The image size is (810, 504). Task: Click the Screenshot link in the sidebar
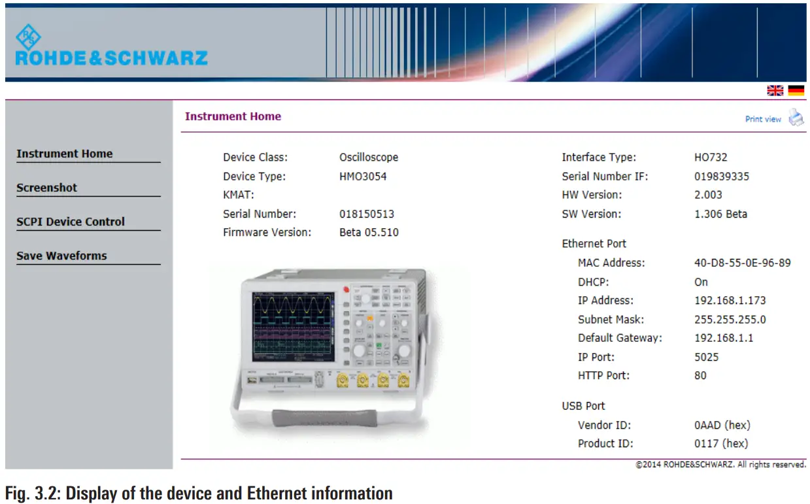tap(46, 188)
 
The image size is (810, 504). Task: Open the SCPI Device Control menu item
tap(70, 222)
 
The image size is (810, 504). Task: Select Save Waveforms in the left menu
tap(61, 256)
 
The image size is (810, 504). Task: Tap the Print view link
tap(763, 119)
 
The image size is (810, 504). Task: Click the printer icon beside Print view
tap(796, 118)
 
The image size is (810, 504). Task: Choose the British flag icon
tap(775, 91)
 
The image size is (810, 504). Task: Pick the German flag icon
tap(796, 91)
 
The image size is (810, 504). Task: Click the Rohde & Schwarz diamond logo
tap(28, 37)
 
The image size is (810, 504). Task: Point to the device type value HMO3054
tap(363, 176)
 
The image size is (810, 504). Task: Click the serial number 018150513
tap(367, 214)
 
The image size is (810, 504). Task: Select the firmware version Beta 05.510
tap(369, 232)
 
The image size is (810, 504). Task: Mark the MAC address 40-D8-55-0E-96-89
tap(742, 263)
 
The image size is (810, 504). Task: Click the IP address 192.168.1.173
tap(730, 301)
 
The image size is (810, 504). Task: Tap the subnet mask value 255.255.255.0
tap(730, 320)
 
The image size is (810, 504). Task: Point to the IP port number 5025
tap(706, 357)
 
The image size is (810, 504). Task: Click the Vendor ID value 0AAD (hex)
tap(721, 425)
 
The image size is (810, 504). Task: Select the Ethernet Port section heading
tap(594, 244)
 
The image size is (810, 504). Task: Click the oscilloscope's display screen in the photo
tap(293, 326)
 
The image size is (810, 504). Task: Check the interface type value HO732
tap(711, 157)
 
